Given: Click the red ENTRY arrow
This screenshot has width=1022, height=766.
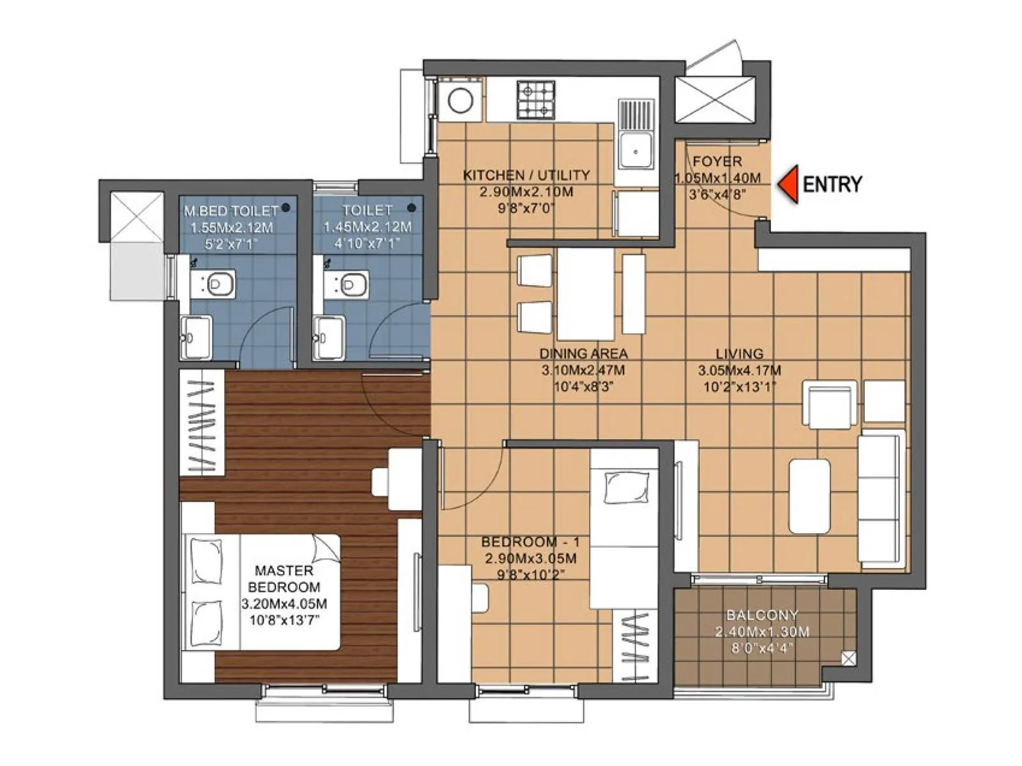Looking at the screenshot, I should tap(789, 184).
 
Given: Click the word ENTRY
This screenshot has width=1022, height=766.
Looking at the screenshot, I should tap(832, 184).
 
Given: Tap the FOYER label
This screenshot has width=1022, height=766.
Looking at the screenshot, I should tap(717, 161).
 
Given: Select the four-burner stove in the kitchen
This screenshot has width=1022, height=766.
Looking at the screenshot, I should tap(535, 100).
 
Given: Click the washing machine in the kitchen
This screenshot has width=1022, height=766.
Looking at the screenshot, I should tap(460, 100).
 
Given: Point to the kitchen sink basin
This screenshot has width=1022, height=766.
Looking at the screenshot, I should tap(636, 151).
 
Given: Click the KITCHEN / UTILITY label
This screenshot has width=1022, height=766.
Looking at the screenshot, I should tap(526, 175).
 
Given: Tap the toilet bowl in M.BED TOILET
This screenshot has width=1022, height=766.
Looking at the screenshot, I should tap(220, 283).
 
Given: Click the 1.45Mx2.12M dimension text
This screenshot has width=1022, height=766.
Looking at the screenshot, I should tap(367, 227).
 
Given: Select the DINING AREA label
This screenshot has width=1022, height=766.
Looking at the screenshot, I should tap(583, 353).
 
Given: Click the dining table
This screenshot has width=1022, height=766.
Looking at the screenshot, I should tap(585, 294).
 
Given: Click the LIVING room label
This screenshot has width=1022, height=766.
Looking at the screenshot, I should tap(739, 353).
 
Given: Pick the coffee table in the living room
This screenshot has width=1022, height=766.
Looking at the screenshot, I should tap(809, 496).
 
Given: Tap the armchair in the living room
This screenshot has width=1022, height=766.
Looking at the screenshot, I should tap(829, 404).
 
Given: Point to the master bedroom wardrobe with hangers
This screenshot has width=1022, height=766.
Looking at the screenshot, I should tap(202, 423).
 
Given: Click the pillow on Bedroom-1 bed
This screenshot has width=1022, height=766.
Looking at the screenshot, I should tap(627, 488).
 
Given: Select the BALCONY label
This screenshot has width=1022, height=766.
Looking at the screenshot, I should tap(762, 615).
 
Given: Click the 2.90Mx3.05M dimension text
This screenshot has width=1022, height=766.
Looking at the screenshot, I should tap(530, 559).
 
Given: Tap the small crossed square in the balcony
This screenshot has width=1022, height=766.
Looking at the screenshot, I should tap(848, 659).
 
